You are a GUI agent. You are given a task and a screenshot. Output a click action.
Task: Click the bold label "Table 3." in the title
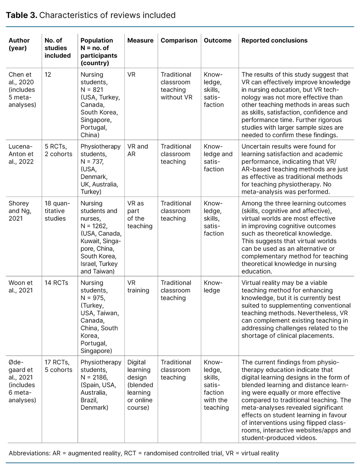[21, 15]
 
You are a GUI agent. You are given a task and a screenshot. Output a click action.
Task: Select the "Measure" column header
[140, 40]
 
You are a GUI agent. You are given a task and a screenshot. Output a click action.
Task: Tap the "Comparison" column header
[179, 40]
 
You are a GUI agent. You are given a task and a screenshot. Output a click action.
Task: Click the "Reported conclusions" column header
[274, 40]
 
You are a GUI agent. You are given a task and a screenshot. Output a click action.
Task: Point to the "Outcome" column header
[217, 40]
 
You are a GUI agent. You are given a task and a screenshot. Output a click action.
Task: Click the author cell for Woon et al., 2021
[21, 286]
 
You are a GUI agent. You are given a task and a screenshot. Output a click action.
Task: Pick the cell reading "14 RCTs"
[56, 283]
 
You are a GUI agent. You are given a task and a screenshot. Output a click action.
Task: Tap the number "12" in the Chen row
[49, 74]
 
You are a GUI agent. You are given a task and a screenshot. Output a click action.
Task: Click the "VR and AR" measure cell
[137, 150]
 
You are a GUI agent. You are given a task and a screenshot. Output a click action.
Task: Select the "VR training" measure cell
[138, 286]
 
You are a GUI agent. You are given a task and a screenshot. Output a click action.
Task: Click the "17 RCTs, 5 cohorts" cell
[58, 366]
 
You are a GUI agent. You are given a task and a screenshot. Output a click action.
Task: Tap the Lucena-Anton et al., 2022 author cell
[21, 154]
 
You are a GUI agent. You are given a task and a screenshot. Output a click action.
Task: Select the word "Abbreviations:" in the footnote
[30, 453]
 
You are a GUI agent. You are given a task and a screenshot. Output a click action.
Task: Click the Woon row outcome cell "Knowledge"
[213, 286]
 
